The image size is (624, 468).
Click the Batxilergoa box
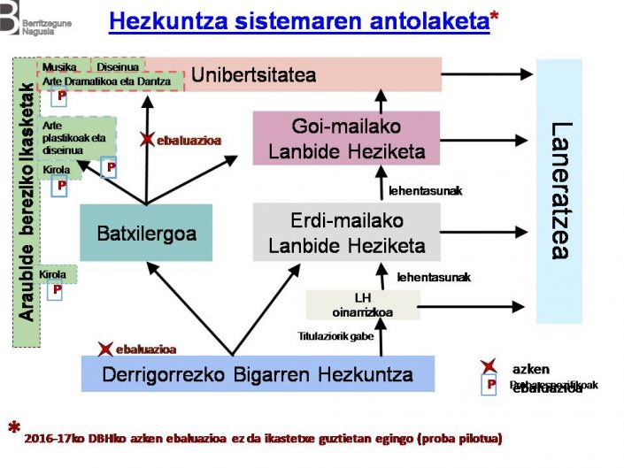146,234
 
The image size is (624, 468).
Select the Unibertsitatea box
253,74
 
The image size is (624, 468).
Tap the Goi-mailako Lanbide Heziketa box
346,138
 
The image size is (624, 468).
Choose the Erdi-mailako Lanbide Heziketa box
346,232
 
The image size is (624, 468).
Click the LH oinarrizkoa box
363,303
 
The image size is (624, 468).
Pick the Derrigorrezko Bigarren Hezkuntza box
258,372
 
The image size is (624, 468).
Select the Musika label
59,66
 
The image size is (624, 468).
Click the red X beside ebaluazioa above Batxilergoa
147,140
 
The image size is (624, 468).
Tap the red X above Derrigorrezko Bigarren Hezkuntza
106,349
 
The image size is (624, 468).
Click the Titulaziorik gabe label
336,336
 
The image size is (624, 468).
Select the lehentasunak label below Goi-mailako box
425,190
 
